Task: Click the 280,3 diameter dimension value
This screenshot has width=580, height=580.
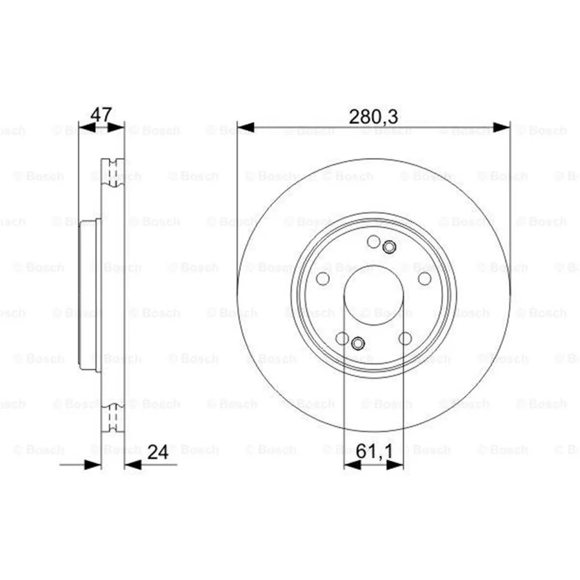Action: coord(373,117)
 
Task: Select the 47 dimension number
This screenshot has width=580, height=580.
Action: coord(101,115)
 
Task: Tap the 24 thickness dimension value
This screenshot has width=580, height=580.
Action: coord(158,452)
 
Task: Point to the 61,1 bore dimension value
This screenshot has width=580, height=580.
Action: coord(374,452)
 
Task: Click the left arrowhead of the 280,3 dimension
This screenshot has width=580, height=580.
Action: coord(246,128)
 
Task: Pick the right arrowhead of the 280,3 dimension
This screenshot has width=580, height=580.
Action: coord(502,128)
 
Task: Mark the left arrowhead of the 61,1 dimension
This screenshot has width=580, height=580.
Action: coord(352,465)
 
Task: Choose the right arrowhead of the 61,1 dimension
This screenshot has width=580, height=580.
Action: coord(394,465)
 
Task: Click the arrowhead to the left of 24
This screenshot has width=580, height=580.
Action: coord(133,465)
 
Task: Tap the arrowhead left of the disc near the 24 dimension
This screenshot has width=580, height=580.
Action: coord(93,465)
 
